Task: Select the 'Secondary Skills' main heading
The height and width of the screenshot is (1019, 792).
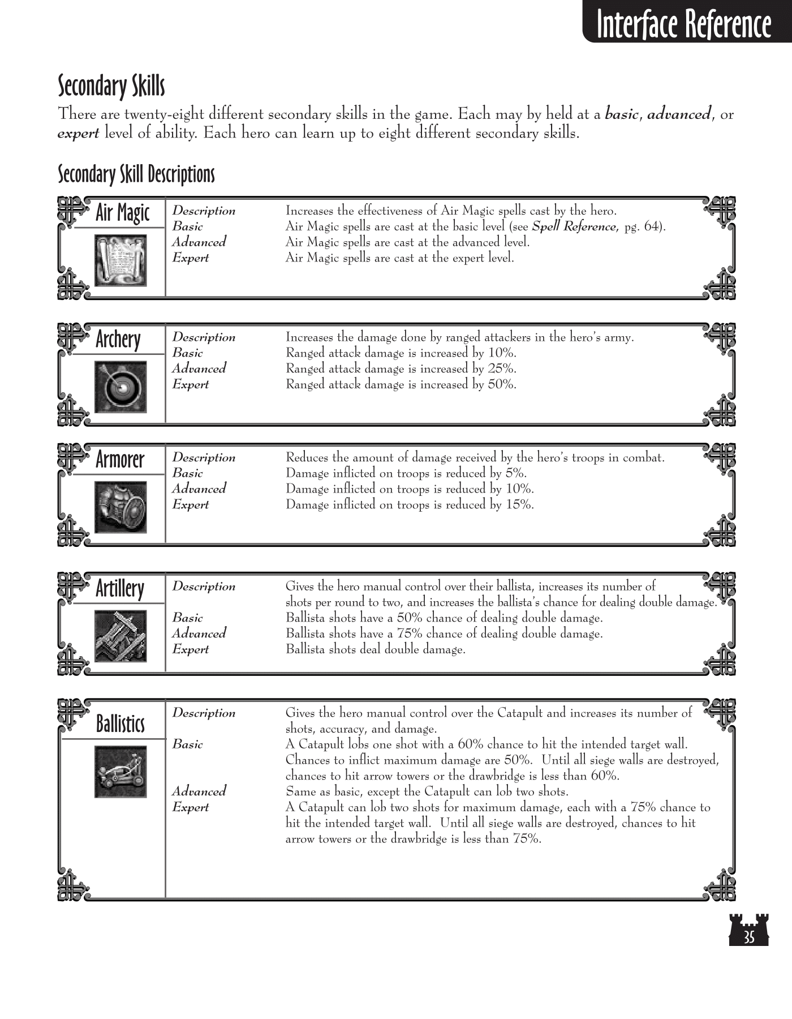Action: [x=111, y=86]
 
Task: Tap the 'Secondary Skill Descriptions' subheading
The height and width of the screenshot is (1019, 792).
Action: [x=136, y=174]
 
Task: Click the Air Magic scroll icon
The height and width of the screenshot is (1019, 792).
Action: [x=120, y=261]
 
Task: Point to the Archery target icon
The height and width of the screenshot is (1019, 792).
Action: [x=120, y=387]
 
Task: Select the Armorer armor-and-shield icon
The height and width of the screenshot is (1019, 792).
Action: [x=120, y=507]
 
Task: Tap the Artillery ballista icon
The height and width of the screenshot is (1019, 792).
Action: [x=120, y=636]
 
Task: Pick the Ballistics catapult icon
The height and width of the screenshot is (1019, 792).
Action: [x=120, y=772]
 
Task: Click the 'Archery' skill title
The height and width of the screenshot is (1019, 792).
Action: [x=118, y=340]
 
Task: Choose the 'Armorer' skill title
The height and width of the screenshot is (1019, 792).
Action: [x=120, y=460]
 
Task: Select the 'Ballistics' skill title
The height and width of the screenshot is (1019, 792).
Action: [x=120, y=724]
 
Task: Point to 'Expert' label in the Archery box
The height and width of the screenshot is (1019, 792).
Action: [x=191, y=384]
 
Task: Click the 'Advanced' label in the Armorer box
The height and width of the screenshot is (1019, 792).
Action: [x=199, y=489]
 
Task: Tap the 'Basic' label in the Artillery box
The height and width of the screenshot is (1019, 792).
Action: [x=187, y=618]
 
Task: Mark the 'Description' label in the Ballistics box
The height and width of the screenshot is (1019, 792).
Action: [x=204, y=713]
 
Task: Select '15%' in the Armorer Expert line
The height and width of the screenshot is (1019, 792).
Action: [x=519, y=504]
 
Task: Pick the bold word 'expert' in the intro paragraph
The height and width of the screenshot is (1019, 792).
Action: [x=79, y=134]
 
